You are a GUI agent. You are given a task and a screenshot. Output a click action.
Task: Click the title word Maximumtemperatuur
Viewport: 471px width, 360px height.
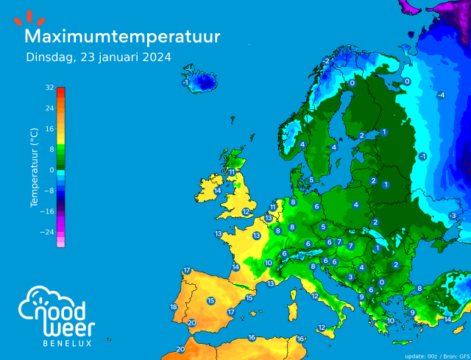coord(122,35)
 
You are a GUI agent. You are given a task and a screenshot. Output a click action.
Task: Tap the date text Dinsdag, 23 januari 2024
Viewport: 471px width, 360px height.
coord(99,57)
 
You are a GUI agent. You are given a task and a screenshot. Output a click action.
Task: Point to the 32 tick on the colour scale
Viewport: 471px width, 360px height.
coord(49,88)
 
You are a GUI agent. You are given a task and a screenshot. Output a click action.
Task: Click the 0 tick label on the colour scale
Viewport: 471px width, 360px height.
coord(52,170)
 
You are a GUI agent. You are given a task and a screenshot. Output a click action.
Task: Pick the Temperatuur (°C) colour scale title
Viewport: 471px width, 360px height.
coord(34,167)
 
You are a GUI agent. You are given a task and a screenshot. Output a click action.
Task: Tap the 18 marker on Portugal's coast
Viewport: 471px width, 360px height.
coord(174,307)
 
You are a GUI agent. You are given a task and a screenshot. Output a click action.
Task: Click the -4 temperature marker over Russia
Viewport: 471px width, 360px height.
coord(441,96)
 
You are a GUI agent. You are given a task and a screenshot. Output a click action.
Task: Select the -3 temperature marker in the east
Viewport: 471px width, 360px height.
coord(452,215)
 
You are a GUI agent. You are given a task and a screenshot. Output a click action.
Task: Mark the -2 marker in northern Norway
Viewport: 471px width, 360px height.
coord(326,60)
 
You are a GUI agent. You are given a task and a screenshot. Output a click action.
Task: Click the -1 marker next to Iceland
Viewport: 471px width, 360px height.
coord(185,82)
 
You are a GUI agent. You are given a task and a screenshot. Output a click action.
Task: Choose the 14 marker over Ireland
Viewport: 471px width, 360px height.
coord(218,191)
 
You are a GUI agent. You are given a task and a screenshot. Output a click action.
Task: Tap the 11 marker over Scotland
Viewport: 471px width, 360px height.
coord(231,172)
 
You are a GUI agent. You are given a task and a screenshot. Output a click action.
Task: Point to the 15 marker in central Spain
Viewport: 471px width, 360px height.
coord(211,300)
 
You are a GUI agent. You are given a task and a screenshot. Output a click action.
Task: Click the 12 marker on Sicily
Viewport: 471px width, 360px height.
coord(322,328)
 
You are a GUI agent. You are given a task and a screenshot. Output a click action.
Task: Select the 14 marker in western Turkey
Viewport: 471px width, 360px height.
coord(447,320)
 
